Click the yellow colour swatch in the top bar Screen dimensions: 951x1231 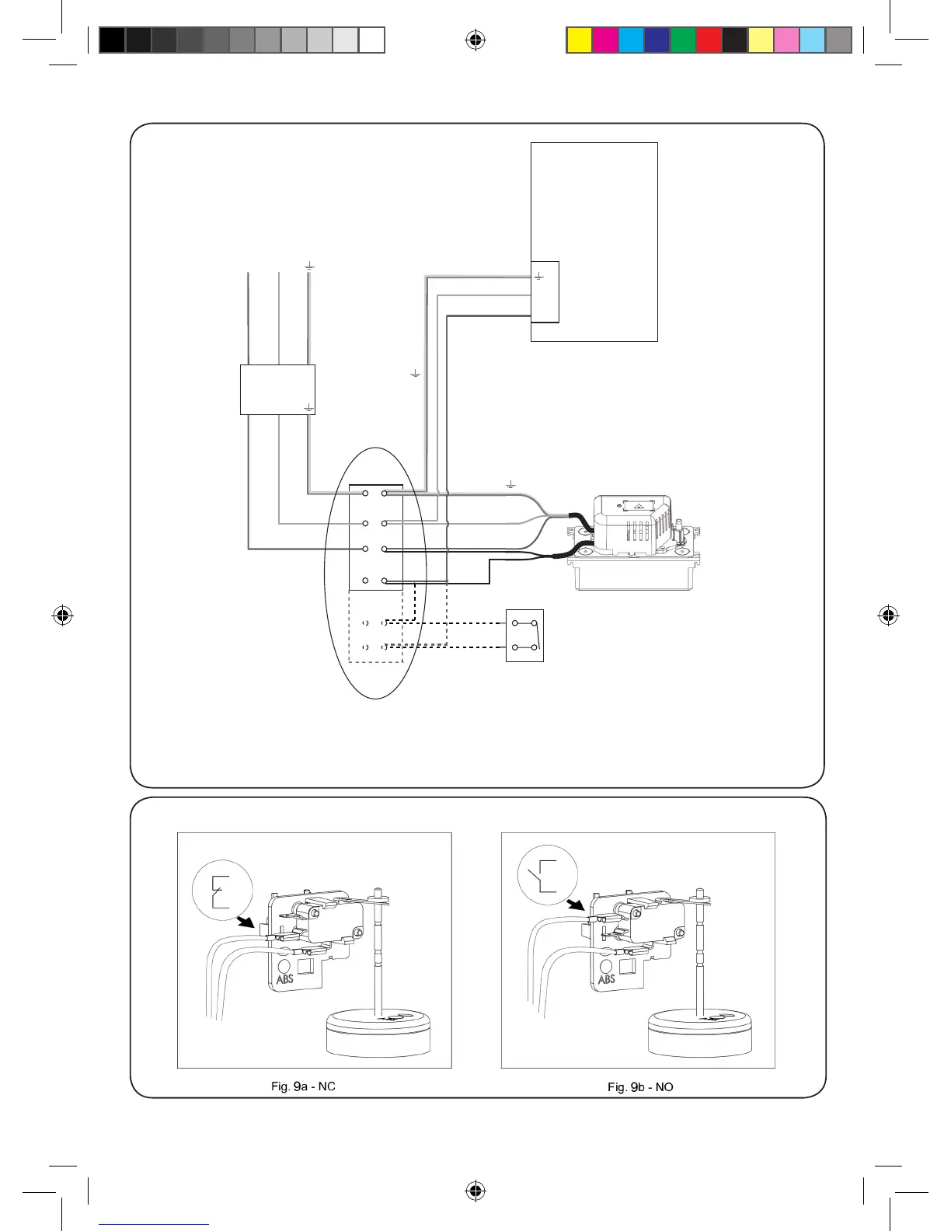[x=580, y=40]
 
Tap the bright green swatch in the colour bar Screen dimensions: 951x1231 [x=684, y=40]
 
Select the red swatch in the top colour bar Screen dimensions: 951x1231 [x=709, y=40]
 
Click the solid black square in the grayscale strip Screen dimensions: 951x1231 [x=113, y=40]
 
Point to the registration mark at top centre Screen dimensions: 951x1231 [x=475, y=40]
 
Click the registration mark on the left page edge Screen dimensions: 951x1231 [x=64, y=616]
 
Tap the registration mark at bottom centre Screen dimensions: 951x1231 [x=475, y=1191]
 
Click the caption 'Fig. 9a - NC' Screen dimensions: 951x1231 [x=303, y=1086]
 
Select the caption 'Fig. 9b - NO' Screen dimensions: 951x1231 [x=640, y=1086]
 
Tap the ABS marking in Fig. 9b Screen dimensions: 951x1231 [x=607, y=978]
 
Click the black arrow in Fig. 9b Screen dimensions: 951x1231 [x=576, y=905]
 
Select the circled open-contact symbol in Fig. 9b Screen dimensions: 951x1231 [x=548, y=875]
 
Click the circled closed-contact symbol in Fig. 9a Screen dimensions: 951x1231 [x=223, y=891]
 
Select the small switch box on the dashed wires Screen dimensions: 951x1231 [x=524, y=636]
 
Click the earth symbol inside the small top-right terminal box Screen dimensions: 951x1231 [x=539, y=276]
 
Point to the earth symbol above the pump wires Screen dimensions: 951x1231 [x=511, y=486]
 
